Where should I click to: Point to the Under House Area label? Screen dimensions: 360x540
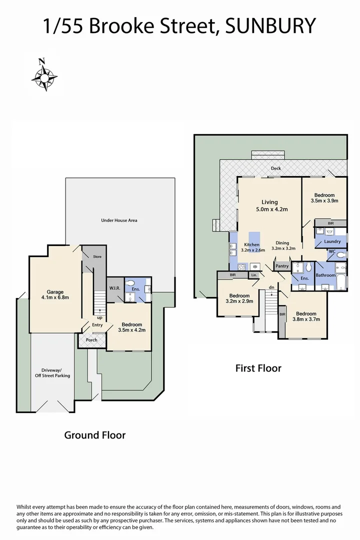[119, 220]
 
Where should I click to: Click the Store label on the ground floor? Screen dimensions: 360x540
[97, 257]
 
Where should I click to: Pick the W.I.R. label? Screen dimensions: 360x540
[113, 287]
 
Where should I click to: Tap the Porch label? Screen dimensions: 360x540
[91, 340]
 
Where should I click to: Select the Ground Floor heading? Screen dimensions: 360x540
[94, 435]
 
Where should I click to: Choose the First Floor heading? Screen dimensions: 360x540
[258, 368]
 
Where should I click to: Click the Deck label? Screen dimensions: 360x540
[276, 168]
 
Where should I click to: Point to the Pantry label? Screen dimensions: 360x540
[282, 266]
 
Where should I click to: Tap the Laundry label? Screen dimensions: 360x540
[332, 241]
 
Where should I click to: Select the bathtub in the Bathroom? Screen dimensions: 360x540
[340, 280]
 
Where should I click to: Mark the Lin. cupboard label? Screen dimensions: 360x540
[254, 275]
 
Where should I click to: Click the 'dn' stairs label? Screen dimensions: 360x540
[271, 287]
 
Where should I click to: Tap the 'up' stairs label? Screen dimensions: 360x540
[99, 317]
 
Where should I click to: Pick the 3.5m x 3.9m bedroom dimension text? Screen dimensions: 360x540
[324, 200]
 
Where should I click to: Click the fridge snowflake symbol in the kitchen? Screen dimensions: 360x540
[253, 265]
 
